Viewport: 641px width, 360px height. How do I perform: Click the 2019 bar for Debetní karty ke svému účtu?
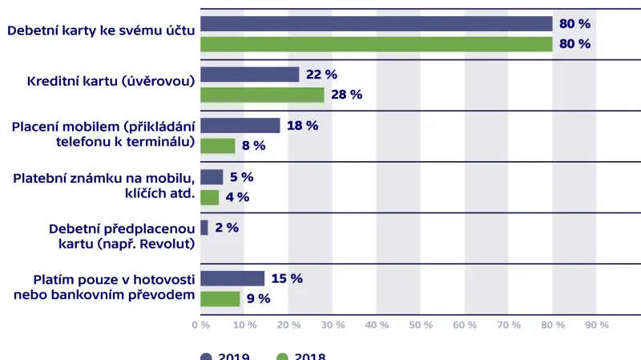click(376, 23)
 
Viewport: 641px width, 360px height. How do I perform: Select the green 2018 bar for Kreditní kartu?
click(262, 95)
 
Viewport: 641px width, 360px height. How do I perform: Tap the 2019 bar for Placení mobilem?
click(240, 125)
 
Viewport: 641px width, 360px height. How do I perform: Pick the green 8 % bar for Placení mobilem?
click(217, 146)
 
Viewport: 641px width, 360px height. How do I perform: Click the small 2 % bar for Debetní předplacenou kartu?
click(204, 228)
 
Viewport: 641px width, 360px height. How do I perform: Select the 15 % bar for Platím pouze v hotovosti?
click(232, 278)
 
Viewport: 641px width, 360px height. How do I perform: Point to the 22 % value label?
click(321, 75)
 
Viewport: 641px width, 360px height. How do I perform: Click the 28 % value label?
click(346, 95)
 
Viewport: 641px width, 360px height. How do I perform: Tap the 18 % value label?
click(302, 125)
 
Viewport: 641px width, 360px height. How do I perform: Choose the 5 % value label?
click(241, 176)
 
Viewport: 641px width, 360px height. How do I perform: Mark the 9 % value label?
click(258, 298)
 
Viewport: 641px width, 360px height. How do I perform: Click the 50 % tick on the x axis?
click(420, 325)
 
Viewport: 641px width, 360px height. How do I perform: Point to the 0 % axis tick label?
click(200, 325)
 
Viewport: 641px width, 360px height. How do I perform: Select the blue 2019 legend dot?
click(206, 356)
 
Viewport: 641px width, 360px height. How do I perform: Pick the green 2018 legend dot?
click(282, 356)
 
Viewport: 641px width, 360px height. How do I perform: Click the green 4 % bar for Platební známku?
click(209, 197)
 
